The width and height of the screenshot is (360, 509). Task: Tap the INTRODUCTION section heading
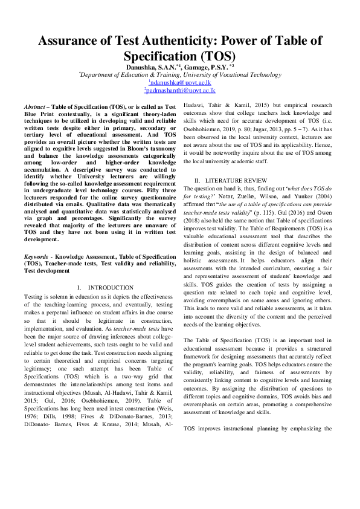click(111, 287)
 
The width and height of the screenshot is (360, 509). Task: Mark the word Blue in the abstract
click(34, 113)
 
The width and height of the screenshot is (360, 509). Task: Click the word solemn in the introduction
click(60, 296)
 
